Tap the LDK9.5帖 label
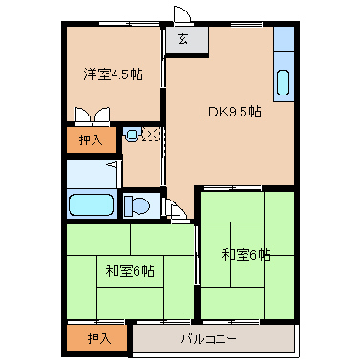click(230, 111)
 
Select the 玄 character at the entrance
click(181, 39)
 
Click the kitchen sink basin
click(285, 82)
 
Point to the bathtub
click(92, 204)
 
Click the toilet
click(138, 204)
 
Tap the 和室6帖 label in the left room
click(130, 271)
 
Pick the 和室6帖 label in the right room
click(246, 254)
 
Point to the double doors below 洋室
click(95, 115)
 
